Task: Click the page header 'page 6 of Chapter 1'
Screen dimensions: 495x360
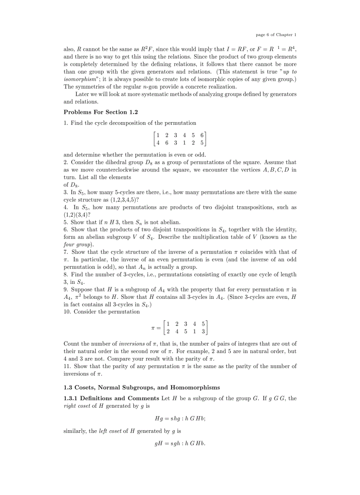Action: [x=276, y=34]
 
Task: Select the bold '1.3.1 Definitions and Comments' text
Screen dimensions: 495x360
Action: [x=112, y=398]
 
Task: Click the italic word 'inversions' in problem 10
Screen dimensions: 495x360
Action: [x=132, y=343]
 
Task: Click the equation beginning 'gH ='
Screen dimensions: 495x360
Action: [x=180, y=443]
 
